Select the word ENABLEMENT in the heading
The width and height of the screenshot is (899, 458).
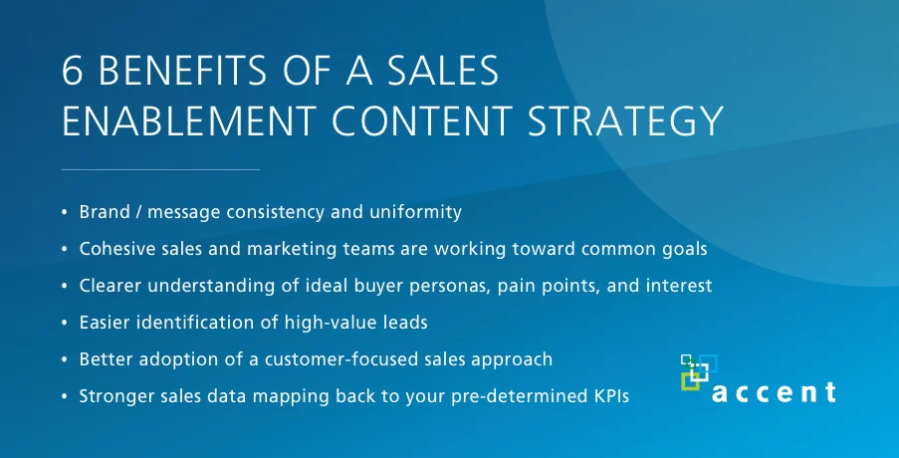[189, 120]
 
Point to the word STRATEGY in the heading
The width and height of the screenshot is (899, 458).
[625, 120]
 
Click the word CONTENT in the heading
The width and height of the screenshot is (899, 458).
[421, 120]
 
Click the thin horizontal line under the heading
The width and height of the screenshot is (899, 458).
[160, 169]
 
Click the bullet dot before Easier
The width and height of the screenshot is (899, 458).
[65, 324]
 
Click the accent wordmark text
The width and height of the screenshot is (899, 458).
[774, 392]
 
